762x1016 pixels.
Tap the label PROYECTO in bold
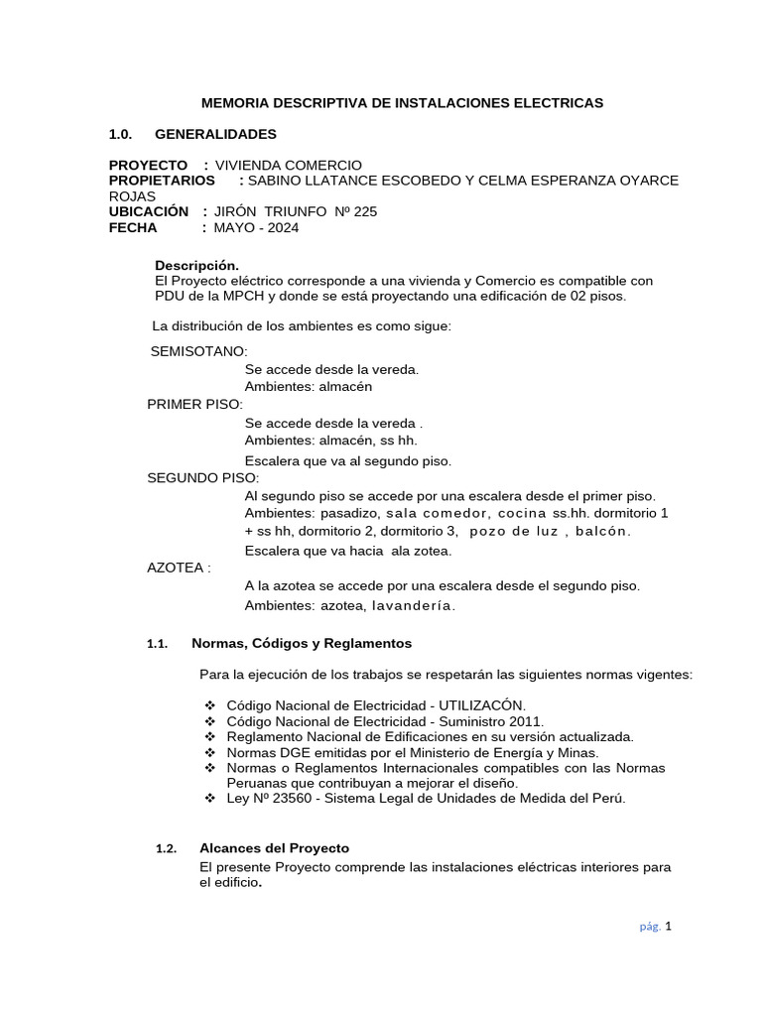148,165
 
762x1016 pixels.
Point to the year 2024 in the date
281,227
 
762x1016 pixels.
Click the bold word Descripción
197,266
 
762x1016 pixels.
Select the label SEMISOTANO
197,351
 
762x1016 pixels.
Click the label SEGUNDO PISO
201,477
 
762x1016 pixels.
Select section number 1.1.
158,644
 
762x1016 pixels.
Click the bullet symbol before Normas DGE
209,753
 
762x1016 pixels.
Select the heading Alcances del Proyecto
274,848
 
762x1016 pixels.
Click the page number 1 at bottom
669,927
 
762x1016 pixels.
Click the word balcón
603,532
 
